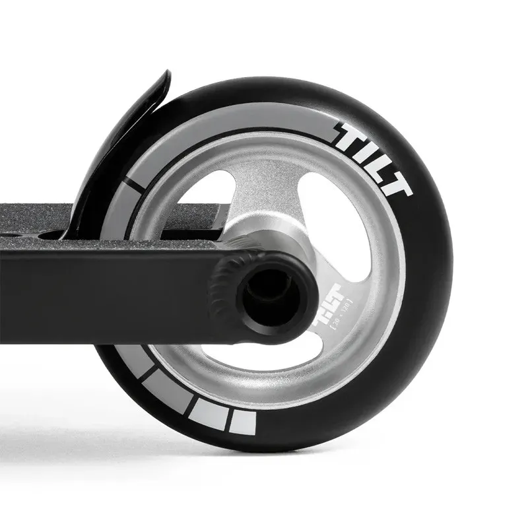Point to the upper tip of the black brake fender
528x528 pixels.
165,76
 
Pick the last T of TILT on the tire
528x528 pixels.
396,185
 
